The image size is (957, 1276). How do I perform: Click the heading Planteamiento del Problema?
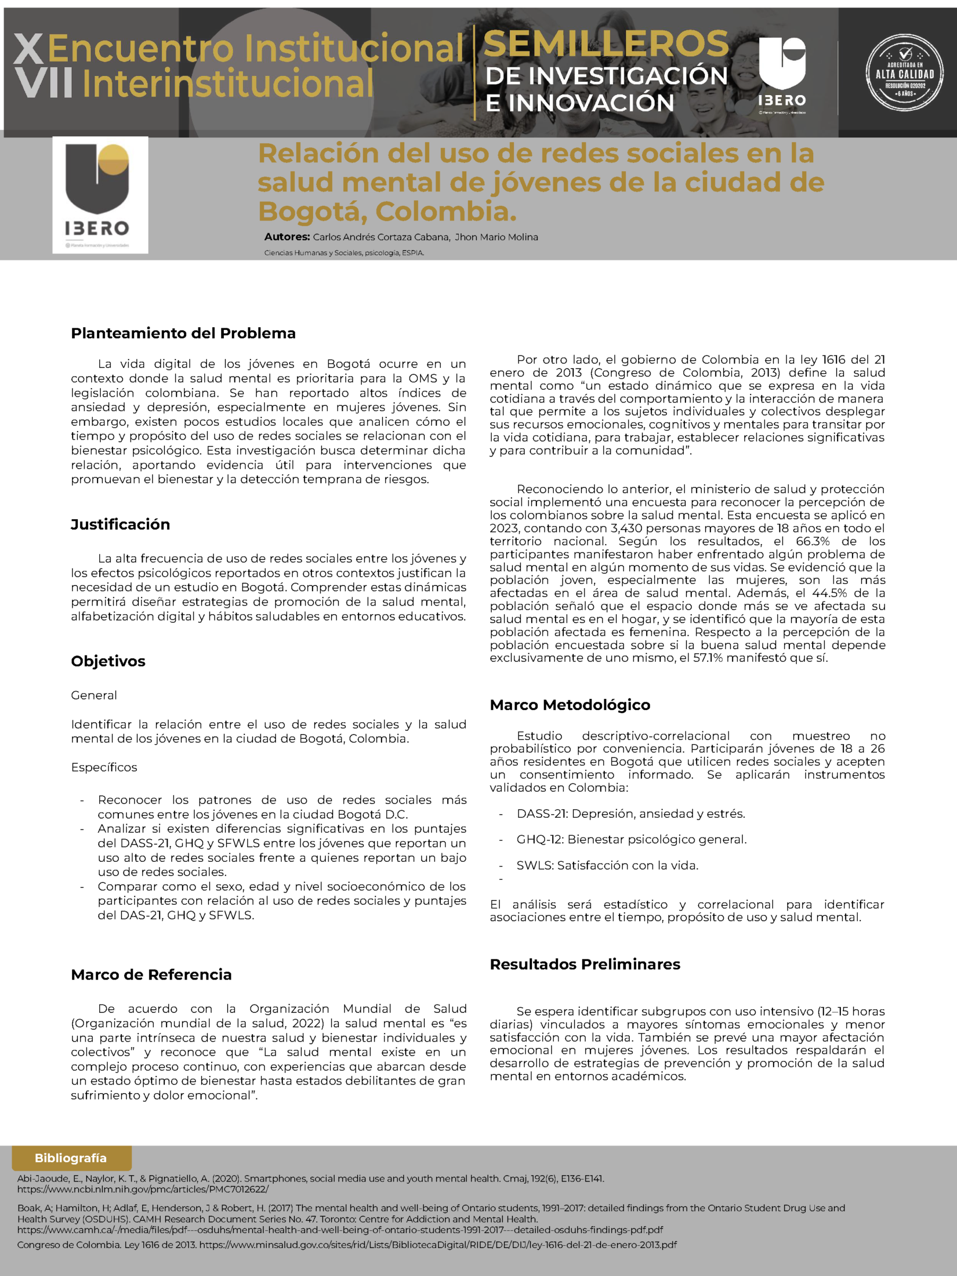coord(183,333)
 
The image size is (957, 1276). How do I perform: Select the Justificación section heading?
coord(121,524)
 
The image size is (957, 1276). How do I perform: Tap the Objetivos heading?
coord(108,661)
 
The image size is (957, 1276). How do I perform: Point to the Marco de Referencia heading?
coord(151,974)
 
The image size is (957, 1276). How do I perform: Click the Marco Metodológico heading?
coord(570,705)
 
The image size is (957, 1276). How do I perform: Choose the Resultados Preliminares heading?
coord(585,964)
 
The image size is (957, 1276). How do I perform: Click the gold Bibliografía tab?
coord(71,1158)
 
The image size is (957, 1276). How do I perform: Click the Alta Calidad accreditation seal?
coord(904,73)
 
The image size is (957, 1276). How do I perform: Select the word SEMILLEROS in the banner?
coord(606,44)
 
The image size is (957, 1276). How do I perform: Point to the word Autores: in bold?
coord(287,237)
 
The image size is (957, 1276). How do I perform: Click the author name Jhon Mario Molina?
coord(496,237)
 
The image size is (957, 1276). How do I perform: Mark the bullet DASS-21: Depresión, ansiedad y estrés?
coord(630,814)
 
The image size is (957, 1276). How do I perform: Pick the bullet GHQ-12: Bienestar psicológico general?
coord(631,839)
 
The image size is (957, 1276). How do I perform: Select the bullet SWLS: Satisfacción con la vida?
coord(607,865)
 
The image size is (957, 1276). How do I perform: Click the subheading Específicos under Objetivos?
coord(104,767)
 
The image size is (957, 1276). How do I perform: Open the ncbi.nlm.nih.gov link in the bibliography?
coord(143,1189)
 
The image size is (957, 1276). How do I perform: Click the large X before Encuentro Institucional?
coord(28,49)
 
